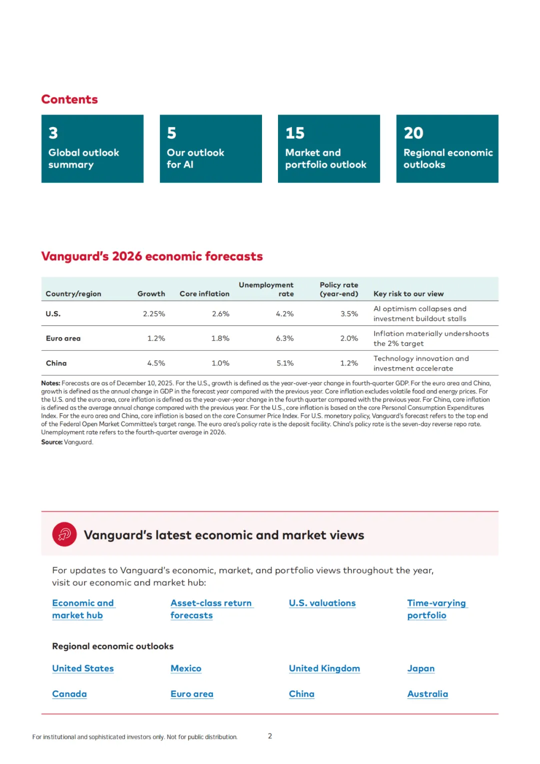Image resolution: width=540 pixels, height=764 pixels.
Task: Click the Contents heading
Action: (x=69, y=100)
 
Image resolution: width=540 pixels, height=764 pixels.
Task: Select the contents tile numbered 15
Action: (x=328, y=149)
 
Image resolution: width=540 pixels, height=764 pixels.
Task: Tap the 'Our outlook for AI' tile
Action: (x=210, y=149)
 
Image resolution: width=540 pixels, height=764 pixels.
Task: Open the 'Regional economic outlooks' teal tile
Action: (x=447, y=149)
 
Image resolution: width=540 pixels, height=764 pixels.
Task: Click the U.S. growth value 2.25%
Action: (x=154, y=314)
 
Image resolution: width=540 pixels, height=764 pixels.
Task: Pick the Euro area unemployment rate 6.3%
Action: (x=284, y=338)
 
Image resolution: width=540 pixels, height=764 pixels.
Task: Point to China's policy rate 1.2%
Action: (x=349, y=363)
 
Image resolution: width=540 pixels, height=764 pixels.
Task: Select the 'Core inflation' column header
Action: (x=204, y=294)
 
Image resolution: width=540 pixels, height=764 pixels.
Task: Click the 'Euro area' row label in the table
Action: (x=63, y=338)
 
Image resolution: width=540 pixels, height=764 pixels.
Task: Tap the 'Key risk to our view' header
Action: (x=408, y=294)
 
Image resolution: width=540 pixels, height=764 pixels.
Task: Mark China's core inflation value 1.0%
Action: (x=220, y=363)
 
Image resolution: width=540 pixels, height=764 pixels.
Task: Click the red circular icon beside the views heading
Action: (x=64, y=534)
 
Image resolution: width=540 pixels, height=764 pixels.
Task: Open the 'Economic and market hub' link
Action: (x=83, y=609)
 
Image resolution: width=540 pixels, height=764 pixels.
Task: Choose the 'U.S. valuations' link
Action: (x=322, y=603)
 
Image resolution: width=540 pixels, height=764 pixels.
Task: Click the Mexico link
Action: (x=185, y=668)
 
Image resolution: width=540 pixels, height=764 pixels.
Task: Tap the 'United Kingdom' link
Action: (x=324, y=668)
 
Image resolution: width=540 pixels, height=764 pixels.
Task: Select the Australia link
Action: (x=427, y=694)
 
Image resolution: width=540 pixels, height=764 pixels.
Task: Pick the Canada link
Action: (x=69, y=694)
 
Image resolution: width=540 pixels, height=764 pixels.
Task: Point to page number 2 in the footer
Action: (x=270, y=736)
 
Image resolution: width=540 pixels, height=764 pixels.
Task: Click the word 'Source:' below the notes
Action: (x=51, y=442)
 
